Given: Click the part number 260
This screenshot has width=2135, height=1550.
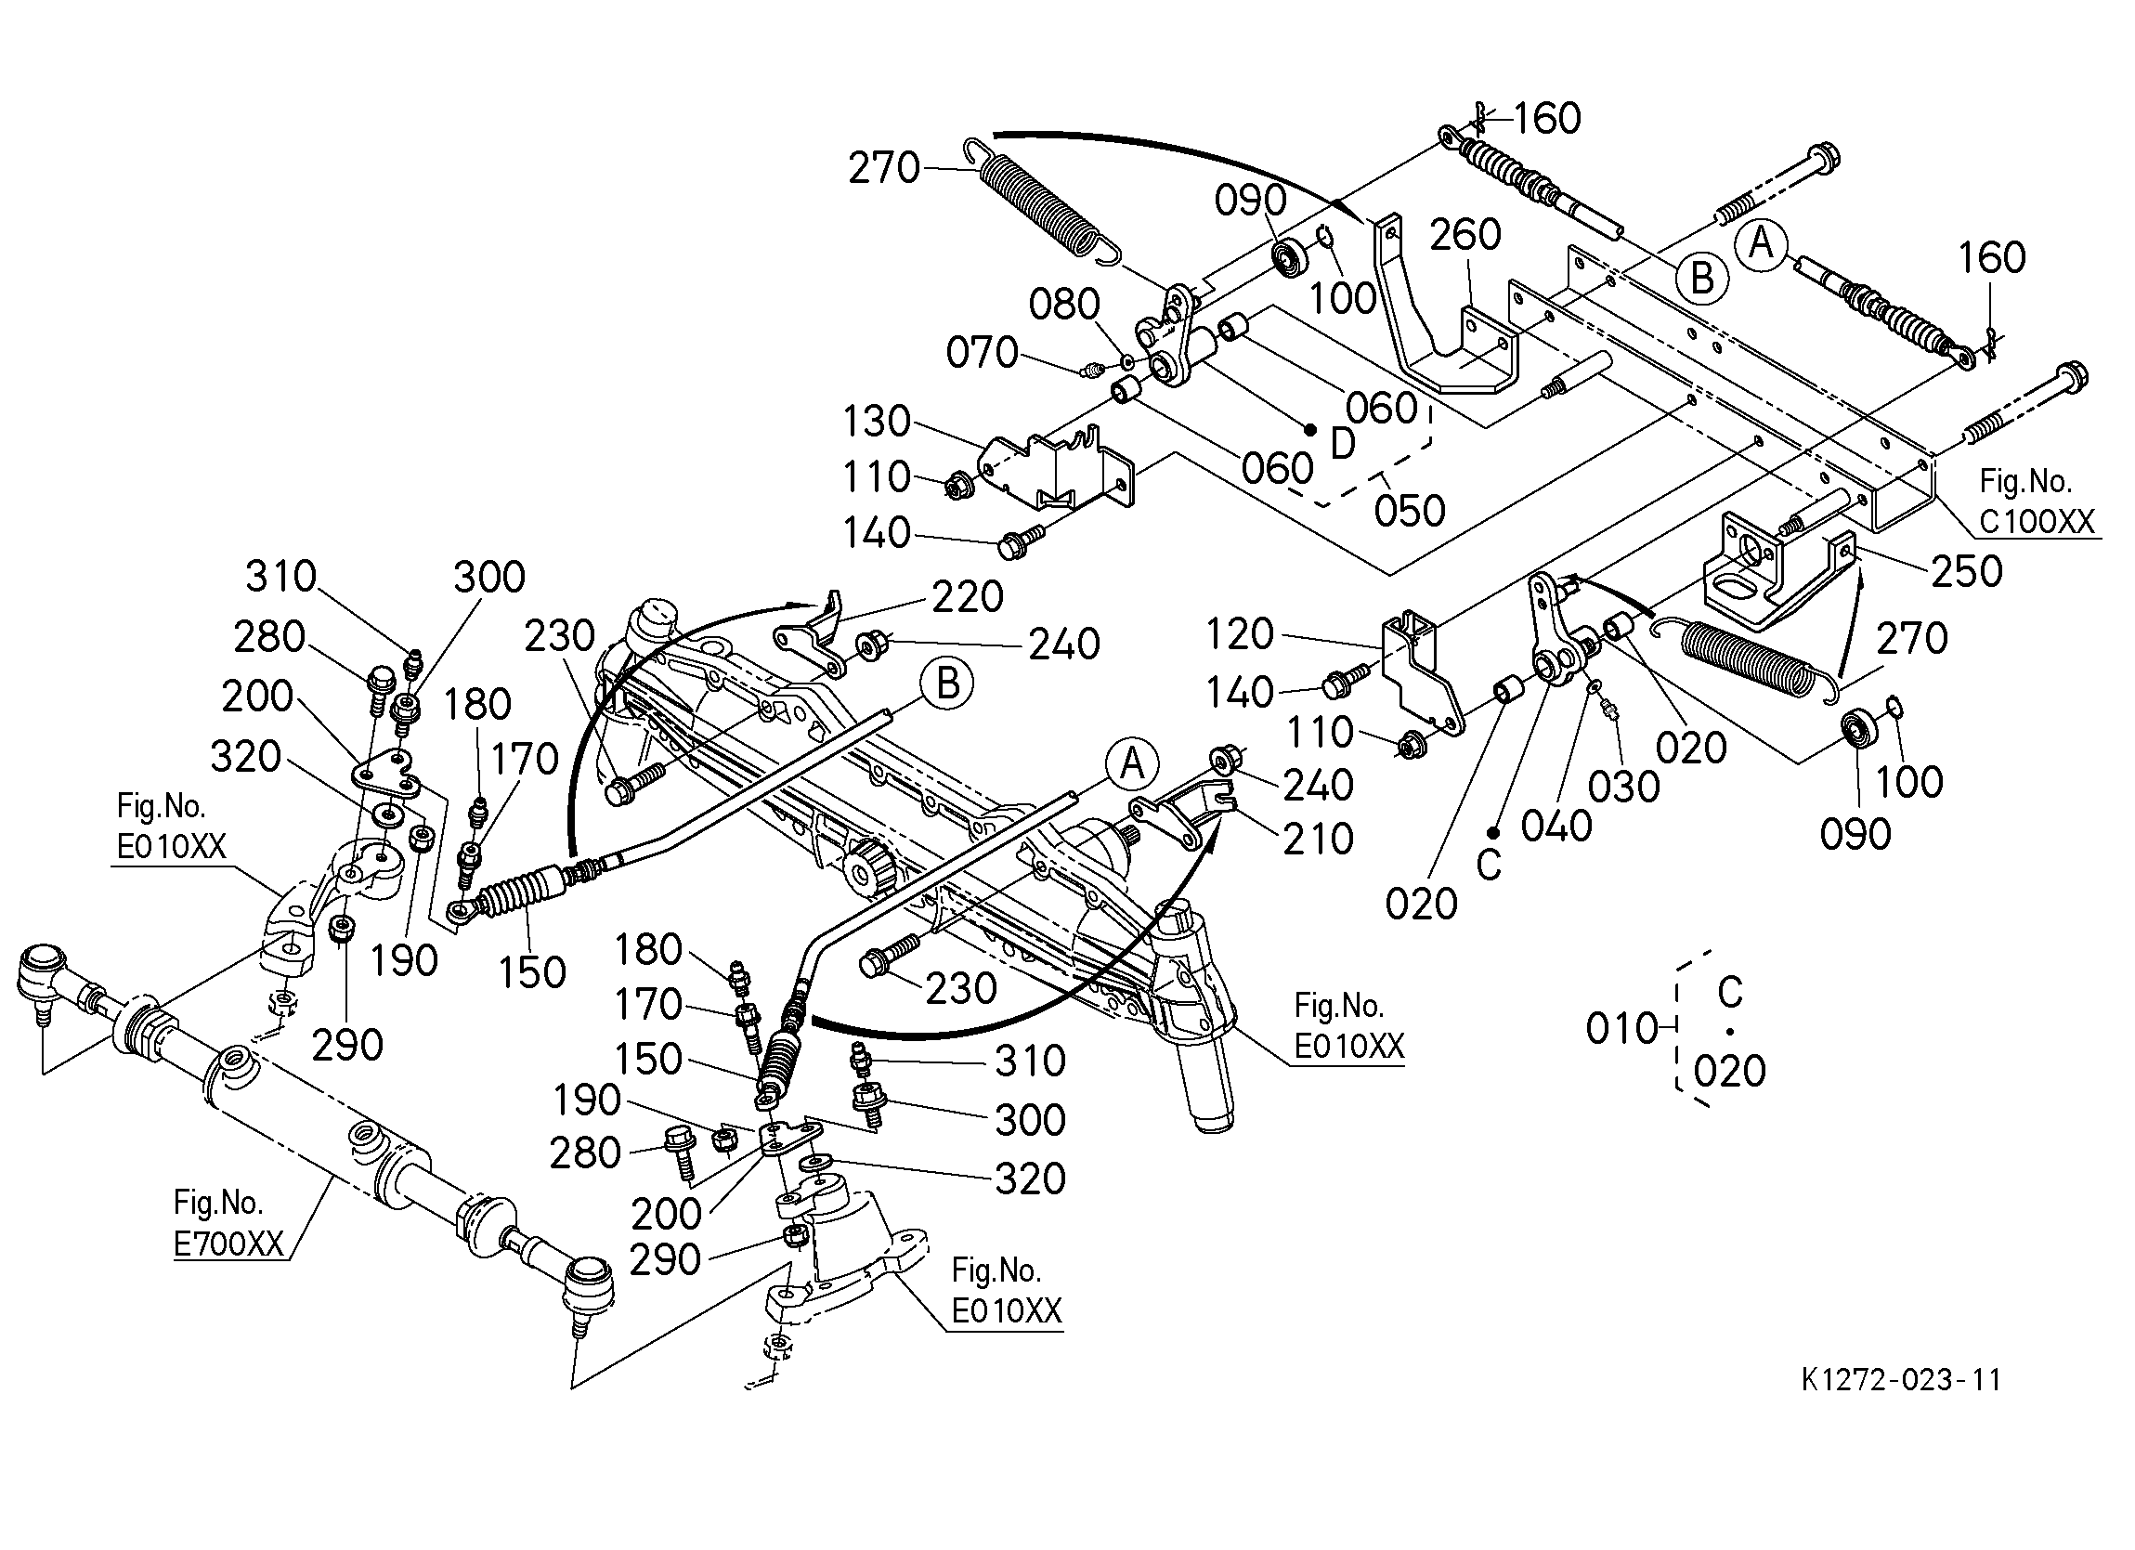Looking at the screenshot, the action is tap(1465, 234).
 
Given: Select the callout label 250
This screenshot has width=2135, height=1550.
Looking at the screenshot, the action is tap(1967, 571).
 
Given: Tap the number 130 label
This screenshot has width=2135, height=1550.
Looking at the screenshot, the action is tap(877, 421).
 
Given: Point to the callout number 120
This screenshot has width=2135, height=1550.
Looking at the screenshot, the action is tap(1240, 634).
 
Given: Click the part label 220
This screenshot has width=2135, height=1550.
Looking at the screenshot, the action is tap(968, 597).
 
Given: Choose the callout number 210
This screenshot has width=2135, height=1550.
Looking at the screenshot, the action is tap(1318, 839).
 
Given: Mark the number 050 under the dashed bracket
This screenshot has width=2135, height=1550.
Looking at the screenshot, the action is tap(1409, 512).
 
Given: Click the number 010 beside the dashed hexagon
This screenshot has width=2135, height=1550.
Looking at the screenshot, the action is tap(1621, 1029).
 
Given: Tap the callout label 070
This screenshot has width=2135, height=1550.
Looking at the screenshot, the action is tap(982, 353).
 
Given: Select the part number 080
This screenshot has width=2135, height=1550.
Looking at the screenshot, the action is tap(1063, 305).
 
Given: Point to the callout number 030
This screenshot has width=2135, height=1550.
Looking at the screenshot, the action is tap(1624, 788).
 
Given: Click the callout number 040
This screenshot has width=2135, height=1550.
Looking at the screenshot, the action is tap(1556, 827).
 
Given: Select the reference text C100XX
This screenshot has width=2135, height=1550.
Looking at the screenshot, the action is tap(2037, 521).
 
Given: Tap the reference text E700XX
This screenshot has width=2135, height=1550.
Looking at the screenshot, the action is tap(228, 1244).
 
